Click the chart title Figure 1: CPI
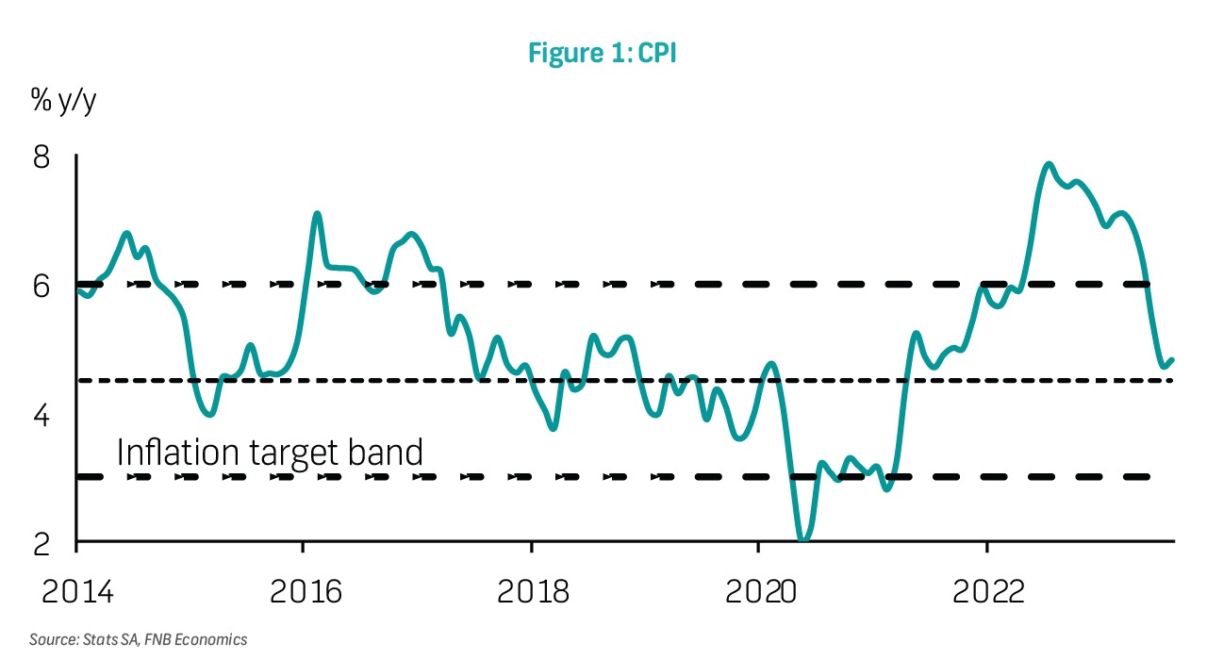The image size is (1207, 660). tap(603, 54)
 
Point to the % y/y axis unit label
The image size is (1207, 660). tap(64, 101)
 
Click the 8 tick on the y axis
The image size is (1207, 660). tap(41, 157)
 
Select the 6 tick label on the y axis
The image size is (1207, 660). tap(41, 286)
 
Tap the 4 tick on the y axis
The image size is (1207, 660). tap(41, 415)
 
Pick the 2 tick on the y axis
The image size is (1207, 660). tap(41, 544)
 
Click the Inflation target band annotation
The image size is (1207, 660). tap(270, 453)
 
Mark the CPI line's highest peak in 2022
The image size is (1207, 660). tap(1049, 164)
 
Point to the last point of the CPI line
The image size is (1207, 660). tap(1172, 359)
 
